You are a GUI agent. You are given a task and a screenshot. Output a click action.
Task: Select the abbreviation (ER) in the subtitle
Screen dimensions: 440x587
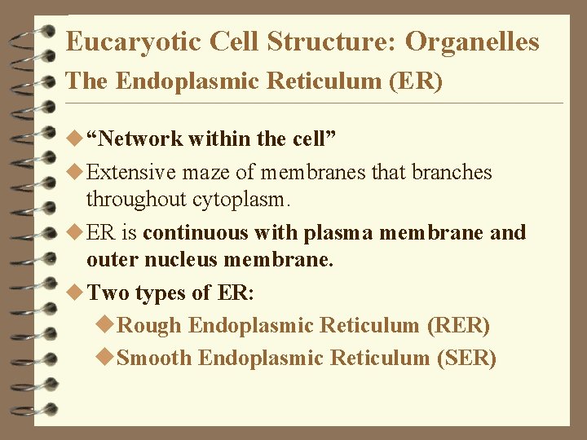[415, 81]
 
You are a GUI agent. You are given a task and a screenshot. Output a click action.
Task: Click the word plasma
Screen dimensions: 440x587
[337, 233]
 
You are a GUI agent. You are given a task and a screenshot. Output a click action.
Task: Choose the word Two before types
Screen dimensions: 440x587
[108, 293]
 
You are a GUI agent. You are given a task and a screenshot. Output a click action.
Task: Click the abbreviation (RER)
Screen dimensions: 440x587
[458, 326]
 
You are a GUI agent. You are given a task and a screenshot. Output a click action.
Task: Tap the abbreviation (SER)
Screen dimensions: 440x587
[466, 359]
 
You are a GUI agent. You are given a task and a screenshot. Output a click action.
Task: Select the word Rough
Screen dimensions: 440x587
[150, 326]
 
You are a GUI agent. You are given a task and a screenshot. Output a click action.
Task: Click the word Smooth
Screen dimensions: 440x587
[155, 359]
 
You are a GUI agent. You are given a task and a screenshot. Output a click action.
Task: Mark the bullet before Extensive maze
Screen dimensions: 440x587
[77, 173]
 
